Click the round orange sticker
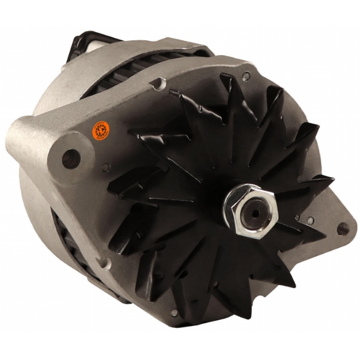pyautogui.click(x=101, y=130)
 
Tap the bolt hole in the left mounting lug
pyautogui.click(x=71, y=157)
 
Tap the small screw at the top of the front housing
pyautogui.click(x=247, y=75)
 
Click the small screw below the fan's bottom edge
pyautogui.click(x=175, y=313)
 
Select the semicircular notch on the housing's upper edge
pyautogui.click(x=157, y=84)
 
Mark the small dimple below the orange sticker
pyautogui.click(x=107, y=168)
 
